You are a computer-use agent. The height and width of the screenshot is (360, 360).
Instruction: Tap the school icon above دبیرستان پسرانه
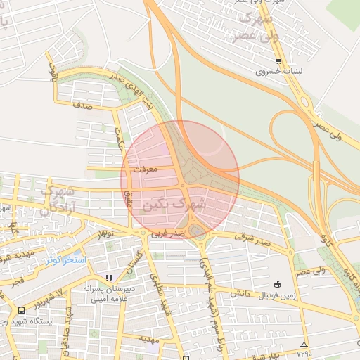[x=108, y=278]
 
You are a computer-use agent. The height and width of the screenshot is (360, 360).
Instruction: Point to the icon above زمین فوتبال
[x=278, y=284]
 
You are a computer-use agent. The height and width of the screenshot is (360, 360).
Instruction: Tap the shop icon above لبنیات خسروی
[x=278, y=61]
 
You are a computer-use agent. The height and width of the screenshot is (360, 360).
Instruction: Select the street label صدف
[x=83, y=105]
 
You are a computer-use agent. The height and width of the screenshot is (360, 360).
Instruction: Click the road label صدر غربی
[x=169, y=232]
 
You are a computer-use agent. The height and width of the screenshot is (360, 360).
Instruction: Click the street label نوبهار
[x=105, y=233]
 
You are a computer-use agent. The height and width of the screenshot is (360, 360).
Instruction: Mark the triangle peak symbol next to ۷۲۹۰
[x=304, y=345]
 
